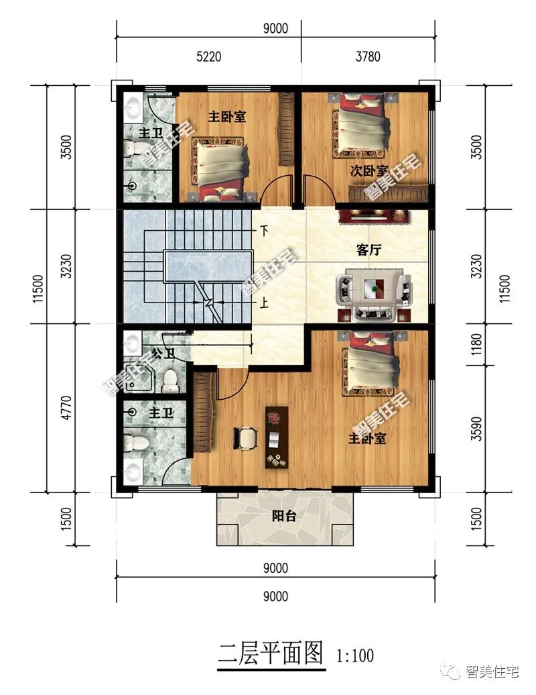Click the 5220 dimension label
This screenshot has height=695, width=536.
click(x=208, y=56)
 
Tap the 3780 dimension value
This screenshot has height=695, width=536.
click(x=368, y=56)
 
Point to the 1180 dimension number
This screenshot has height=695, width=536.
click(x=476, y=344)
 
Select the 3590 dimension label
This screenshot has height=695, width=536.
click(x=476, y=429)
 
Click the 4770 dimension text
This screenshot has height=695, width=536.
click(x=66, y=408)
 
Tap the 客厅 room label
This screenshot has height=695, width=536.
click(x=368, y=250)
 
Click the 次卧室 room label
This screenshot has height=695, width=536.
click(x=368, y=171)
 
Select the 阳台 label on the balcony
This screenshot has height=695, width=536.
click(x=283, y=516)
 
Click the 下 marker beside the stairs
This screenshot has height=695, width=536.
click(x=264, y=231)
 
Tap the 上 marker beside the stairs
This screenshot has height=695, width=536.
click(x=264, y=303)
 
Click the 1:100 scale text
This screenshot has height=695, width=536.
click(x=355, y=655)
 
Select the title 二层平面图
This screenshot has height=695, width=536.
click(x=271, y=654)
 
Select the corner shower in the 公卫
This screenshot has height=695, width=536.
click(x=139, y=378)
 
